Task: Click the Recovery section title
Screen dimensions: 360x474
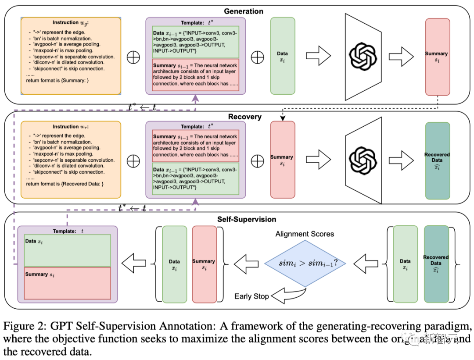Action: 244,117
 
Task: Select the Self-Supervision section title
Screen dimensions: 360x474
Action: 247,219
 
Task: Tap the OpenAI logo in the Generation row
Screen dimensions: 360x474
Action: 363,56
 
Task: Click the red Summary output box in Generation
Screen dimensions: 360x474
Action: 437,57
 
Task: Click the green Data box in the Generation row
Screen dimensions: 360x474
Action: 282,56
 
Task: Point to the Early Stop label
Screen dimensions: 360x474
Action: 251,296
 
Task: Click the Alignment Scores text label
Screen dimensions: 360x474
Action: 305,234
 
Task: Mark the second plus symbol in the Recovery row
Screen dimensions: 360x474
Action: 257,160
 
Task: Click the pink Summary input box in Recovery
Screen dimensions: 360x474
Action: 282,160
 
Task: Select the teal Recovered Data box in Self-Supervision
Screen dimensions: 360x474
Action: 436,264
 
